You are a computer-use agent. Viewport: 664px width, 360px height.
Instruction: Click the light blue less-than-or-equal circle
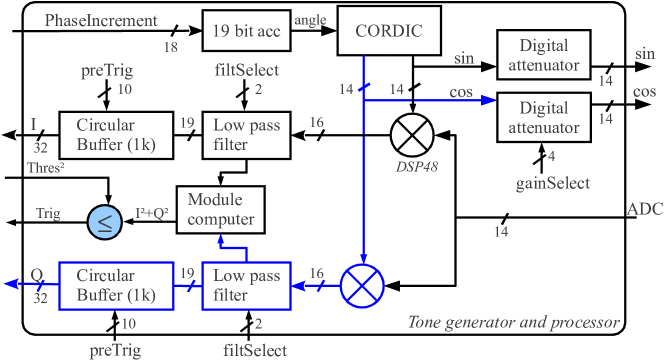click(x=102, y=222)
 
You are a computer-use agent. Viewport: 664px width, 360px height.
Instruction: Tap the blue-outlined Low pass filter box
click(x=245, y=285)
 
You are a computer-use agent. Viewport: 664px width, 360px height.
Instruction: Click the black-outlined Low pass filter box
click(x=246, y=136)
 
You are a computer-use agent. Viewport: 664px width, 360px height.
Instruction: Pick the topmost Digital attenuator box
click(x=544, y=56)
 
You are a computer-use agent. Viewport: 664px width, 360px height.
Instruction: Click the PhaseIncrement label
click(x=101, y=20)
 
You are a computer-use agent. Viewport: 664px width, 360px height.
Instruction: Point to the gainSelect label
click(x=552, y=183)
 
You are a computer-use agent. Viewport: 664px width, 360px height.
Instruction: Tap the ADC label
click(x=644, y=210)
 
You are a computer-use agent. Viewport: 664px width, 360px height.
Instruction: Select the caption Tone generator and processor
click(x=513, y=322)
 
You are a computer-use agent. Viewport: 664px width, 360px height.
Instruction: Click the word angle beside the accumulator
click(x=310, y=20)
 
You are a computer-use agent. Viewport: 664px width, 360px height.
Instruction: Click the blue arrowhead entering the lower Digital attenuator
click(x=490, y=100)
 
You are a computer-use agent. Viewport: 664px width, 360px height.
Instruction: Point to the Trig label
click(x=48, y=213)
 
